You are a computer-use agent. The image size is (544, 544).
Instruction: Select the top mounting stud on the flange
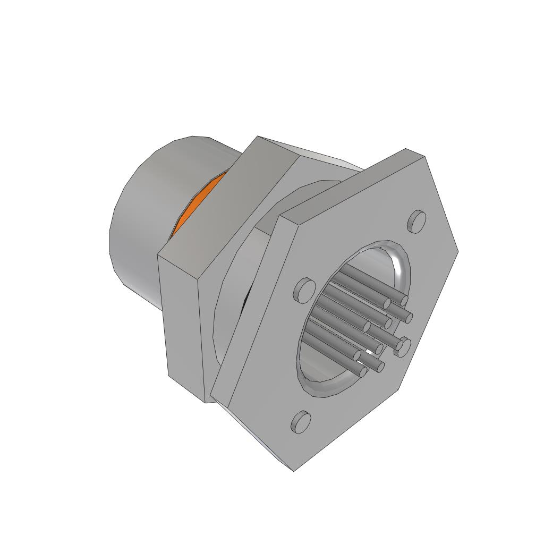point(418,221)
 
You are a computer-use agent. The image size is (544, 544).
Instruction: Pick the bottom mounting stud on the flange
point(301,422)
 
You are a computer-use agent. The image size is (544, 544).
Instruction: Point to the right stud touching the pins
point(403,346)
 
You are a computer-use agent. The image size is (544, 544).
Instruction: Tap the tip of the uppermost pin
point(404,301)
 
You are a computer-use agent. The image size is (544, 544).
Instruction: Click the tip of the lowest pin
point(363,371)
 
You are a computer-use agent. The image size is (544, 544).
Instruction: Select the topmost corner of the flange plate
point(407,149)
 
